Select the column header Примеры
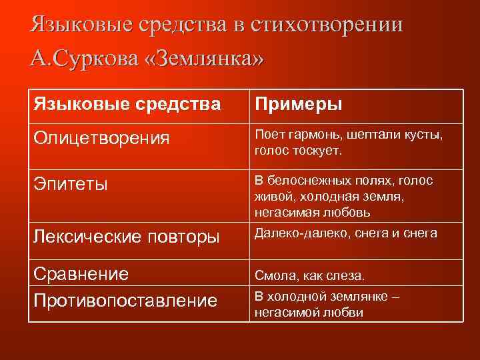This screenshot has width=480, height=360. point(297,105)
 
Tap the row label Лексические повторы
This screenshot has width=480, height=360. point(127,236)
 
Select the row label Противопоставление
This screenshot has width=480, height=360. point(125,300)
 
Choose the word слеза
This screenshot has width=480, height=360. point(345,275)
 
